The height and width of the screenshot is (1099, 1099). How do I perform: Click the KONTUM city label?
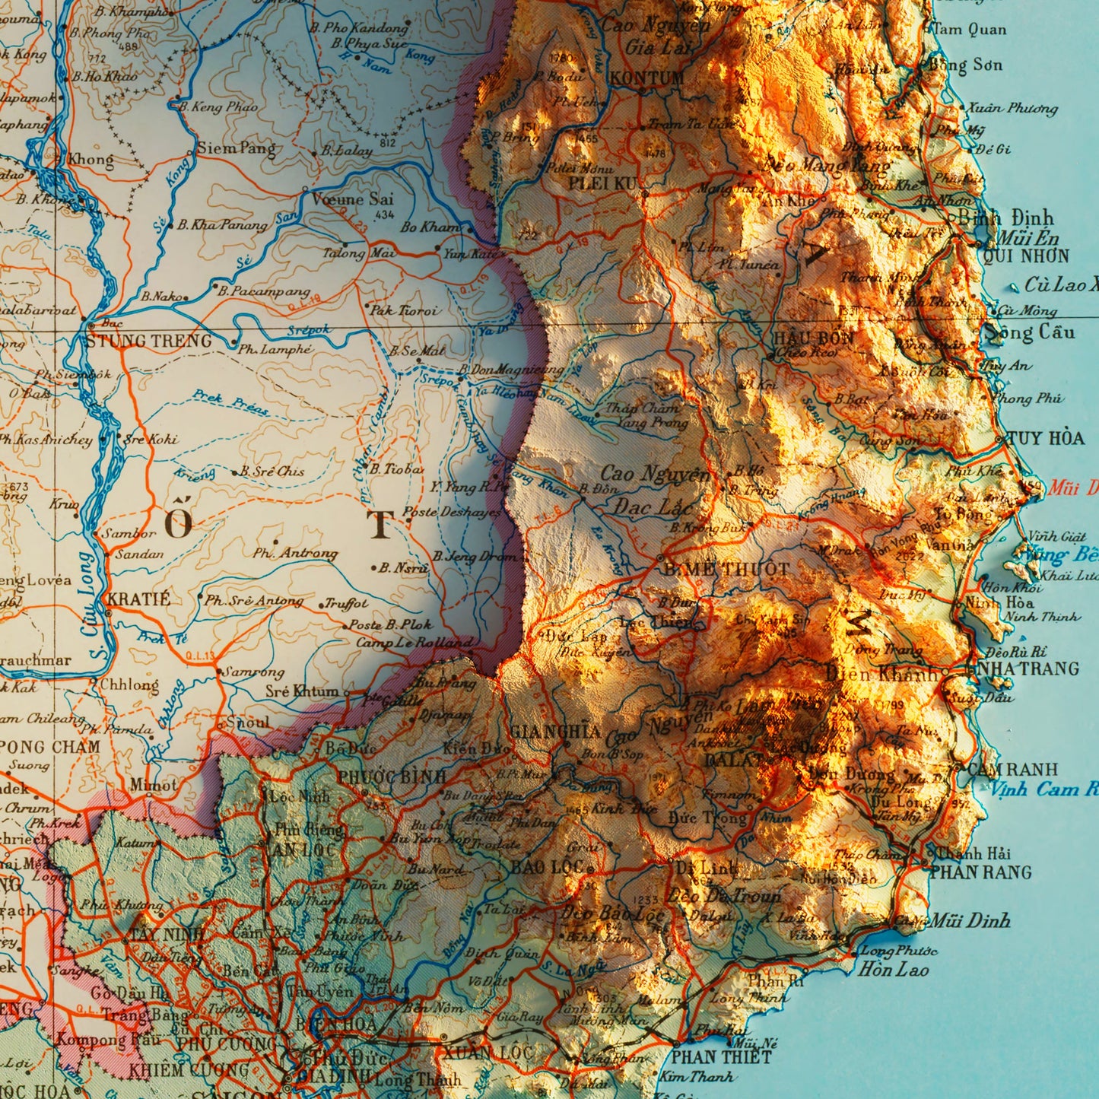point(647,78)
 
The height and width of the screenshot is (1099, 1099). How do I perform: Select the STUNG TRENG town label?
point(149,341)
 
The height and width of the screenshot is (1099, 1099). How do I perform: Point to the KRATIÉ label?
point(138,599)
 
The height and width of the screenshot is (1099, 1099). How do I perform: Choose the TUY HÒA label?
point(1046,438)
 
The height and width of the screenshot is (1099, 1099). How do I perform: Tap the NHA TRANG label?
point(1021,669)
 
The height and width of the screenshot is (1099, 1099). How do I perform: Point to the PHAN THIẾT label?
point(720,1056)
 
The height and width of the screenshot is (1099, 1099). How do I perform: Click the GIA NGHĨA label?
point(555,732)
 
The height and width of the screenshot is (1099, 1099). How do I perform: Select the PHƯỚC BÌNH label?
point(392,777)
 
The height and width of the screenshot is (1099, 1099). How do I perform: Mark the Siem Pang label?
point(237,148)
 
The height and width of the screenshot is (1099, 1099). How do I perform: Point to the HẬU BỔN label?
point(813,338)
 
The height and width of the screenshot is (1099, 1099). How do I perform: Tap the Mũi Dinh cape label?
point(970,921)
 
